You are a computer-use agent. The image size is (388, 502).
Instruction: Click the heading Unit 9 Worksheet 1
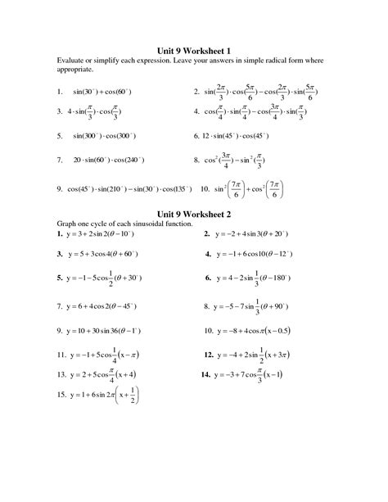point(195,48)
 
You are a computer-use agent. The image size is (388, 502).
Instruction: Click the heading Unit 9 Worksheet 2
point(195,213)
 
